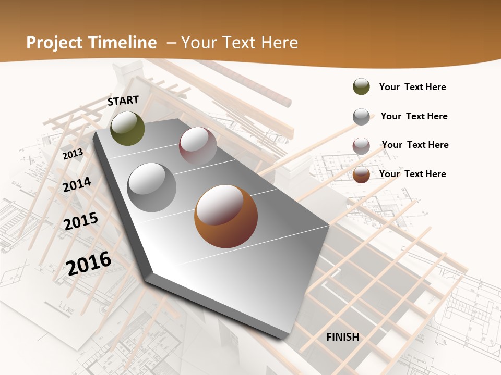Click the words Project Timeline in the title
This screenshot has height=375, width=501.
click(x=91, y=43)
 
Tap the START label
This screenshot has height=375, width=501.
click(x=123, y=101)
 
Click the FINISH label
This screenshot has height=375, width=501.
click(x=343, y=337)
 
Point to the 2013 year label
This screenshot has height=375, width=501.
click(x=73, y=154)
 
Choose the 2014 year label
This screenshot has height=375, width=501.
click(x=77, y=184)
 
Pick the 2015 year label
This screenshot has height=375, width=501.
click(x=81, y=221)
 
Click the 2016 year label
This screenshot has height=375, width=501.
click(x=89, y=262)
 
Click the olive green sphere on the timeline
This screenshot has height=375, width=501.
click(x=128, y=128)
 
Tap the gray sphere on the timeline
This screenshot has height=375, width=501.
click(x=152, y=187)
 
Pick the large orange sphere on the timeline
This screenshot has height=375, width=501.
click(x=226, y=216)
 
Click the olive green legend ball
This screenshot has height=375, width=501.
click(x=361, y=86)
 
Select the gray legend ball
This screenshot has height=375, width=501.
click(x=361, y=117)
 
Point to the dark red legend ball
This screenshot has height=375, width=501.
click(x=361, y=146)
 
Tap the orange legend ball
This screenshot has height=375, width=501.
click(x=361, y=174)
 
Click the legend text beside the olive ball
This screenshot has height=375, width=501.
click(x=413, y=87)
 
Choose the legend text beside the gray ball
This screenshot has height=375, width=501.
click(x=414, y=116)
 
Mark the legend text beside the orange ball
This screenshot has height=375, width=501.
click(x=413, y=174)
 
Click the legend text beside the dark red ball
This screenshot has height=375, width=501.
click(x=415, y=145)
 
